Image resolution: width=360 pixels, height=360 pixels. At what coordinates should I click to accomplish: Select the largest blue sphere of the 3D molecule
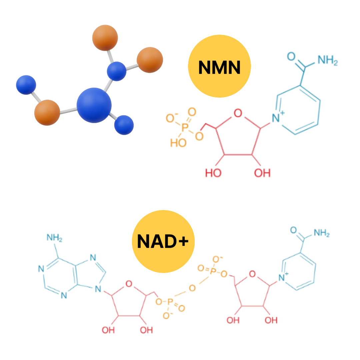click(94, 105)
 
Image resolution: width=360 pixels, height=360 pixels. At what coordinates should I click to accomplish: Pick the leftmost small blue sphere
click(26, 85)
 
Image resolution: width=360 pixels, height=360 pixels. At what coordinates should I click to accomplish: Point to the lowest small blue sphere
click(124, 125)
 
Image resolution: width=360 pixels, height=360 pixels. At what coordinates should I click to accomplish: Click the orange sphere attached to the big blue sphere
click(47, 112)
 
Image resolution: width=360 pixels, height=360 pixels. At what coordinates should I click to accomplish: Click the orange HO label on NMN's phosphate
click(178, 143)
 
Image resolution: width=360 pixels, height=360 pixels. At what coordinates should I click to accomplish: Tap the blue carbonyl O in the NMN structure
click(291, 56)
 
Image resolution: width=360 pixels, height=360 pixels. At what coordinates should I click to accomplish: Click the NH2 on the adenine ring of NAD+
click(54, 238)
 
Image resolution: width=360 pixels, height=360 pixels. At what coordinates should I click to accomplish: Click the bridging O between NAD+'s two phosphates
click(192, 287)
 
